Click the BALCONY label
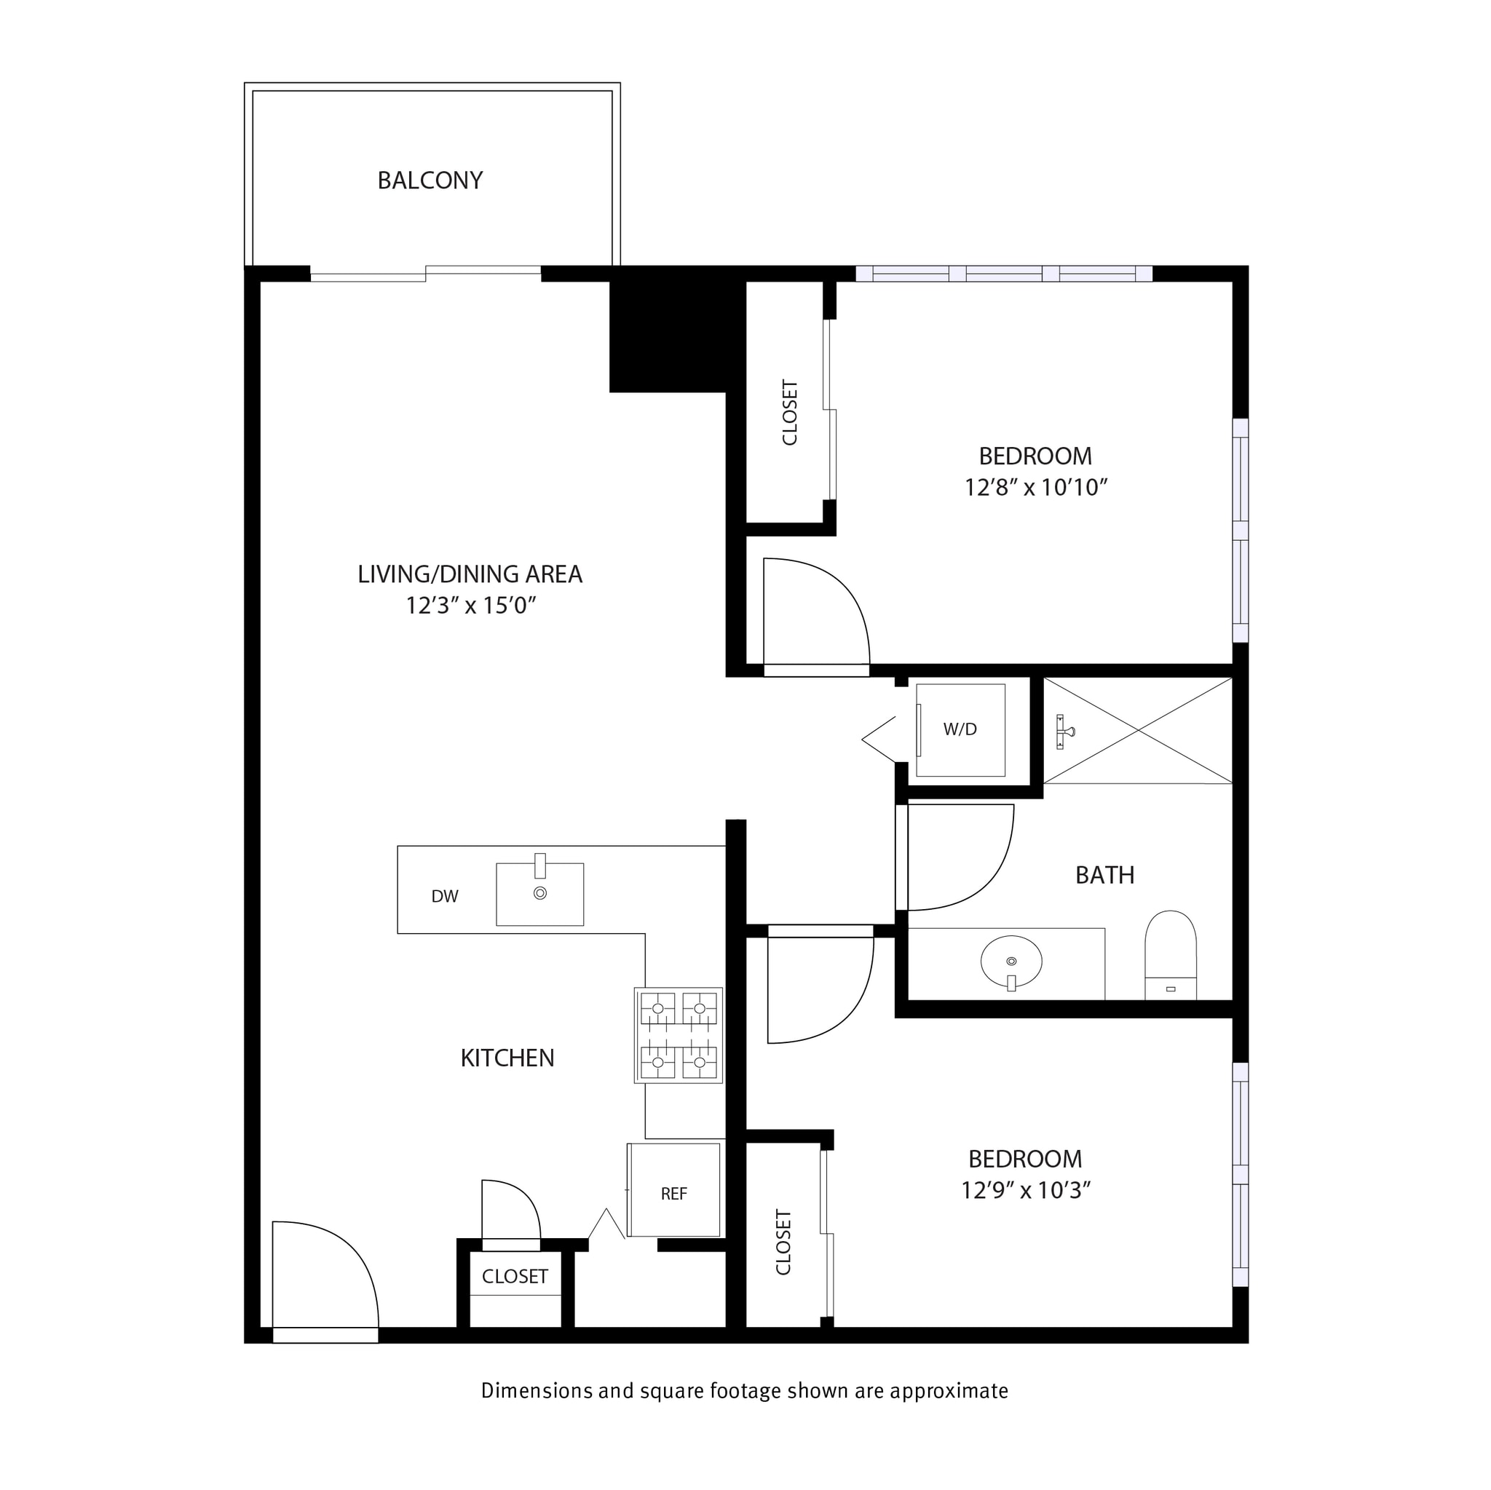click(430, 181)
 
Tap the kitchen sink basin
click(539, 895)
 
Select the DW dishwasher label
click(445, 896)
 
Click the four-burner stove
click(679, 1035)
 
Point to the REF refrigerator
click(673, 1194)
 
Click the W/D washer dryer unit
click(960, 730)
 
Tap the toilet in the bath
click(1170, 956)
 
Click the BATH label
click(1104, 875)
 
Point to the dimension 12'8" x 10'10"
click(1036, 488)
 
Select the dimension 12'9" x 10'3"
click(1025, 1191)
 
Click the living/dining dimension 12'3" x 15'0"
click(471, 606)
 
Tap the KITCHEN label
click(507, 1058)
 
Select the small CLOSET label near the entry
click(515, 1276)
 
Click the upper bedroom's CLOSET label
click(789, 412)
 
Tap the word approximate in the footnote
click(949, 1390)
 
